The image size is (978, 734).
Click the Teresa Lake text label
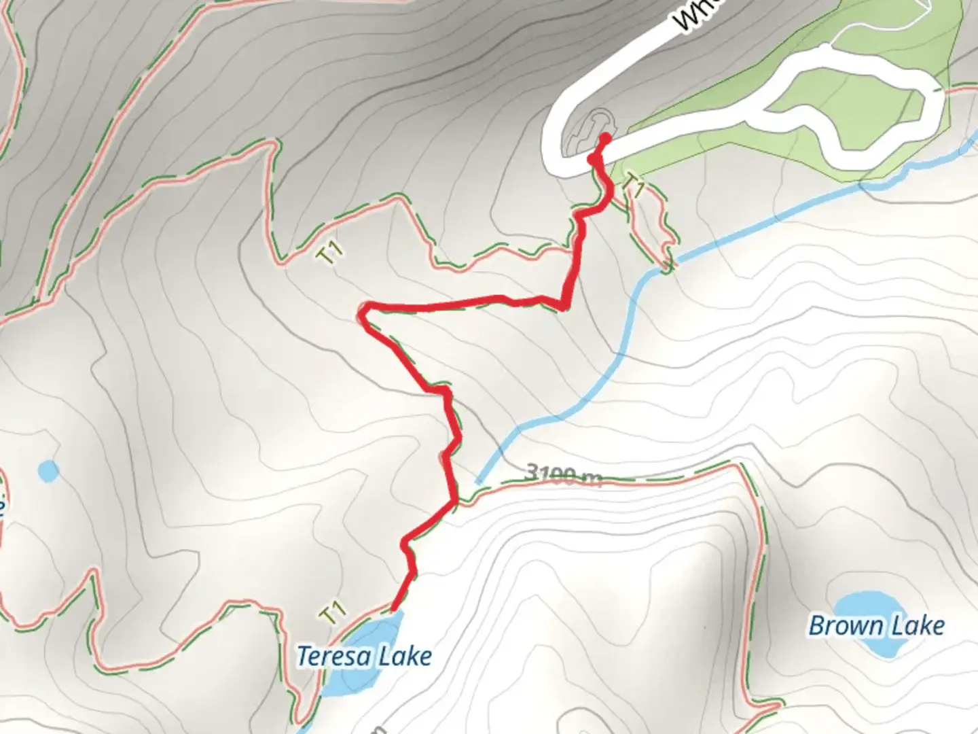[364, 657]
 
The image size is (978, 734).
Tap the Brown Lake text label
[876, 626]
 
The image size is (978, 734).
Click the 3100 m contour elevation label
[563, 474]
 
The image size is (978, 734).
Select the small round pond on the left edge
[48, 470]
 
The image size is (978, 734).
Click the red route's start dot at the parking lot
[603, 139]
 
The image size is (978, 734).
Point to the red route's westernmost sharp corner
[363, 313]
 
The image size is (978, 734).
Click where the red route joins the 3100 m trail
[454, 502]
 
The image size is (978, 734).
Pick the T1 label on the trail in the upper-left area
[330, 254]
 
